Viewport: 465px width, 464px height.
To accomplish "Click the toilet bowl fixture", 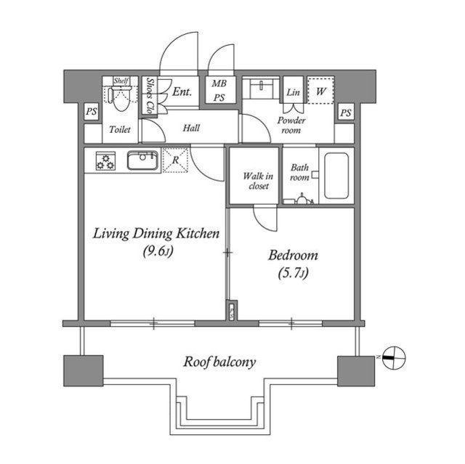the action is click(119, 97).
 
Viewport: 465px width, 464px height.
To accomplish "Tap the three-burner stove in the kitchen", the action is click(105, 161).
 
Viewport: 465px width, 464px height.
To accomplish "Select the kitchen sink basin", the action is click(142, 160).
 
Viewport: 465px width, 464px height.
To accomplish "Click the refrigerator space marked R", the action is click(176, 160).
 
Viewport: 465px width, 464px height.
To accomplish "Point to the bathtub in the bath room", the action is click(336, 176).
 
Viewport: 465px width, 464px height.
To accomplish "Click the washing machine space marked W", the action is click(320, 90).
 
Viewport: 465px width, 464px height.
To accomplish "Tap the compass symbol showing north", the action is click(394, 358).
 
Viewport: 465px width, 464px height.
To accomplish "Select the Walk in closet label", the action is click(258, 181).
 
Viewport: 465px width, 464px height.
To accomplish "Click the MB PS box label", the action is click(219, 90).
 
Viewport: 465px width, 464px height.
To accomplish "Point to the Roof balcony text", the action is click(219, 362).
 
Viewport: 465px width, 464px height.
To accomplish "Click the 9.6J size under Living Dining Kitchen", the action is click(158, 251).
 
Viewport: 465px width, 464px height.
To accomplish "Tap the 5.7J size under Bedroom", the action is click(293, 273).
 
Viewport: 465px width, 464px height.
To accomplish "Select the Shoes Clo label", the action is click(150, 95).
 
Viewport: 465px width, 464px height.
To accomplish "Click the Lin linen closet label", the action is click(293, 92).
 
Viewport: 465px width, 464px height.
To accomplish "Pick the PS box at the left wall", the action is click(92, 111).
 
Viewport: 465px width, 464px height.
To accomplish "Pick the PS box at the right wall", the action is click(346, 113).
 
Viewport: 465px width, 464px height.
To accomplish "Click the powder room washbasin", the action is click(261, 89).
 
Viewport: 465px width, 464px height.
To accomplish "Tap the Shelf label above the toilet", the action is click(121, 81).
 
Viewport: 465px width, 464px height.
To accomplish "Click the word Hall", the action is click(191, 128).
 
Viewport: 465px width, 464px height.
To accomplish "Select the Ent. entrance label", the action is click(182, 91).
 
